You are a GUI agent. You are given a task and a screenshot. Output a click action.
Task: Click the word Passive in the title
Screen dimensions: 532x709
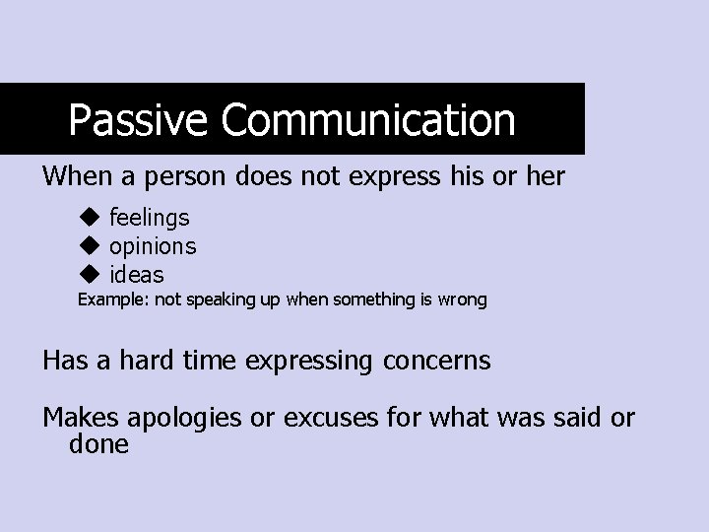point(139,121)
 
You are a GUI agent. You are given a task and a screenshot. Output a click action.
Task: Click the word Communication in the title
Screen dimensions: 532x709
point(367,121)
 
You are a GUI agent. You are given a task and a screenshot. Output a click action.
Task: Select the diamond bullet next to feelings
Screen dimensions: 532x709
point(91,216)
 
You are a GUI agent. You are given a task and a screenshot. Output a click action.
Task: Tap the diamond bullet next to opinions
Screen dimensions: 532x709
point(91,245)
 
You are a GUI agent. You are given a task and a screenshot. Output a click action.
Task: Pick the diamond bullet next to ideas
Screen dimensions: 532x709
point(91,274)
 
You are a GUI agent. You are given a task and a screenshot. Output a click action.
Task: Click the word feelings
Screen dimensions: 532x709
point(150,218)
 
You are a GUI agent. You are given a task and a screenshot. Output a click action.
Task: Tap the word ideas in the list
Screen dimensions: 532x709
point(137,274)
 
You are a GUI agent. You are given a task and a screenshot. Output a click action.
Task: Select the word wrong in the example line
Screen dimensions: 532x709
point(463,299)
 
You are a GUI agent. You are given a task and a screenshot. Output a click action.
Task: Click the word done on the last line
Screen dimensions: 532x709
point(98,444)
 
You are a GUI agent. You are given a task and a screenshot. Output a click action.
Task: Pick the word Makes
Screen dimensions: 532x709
point(78,418)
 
